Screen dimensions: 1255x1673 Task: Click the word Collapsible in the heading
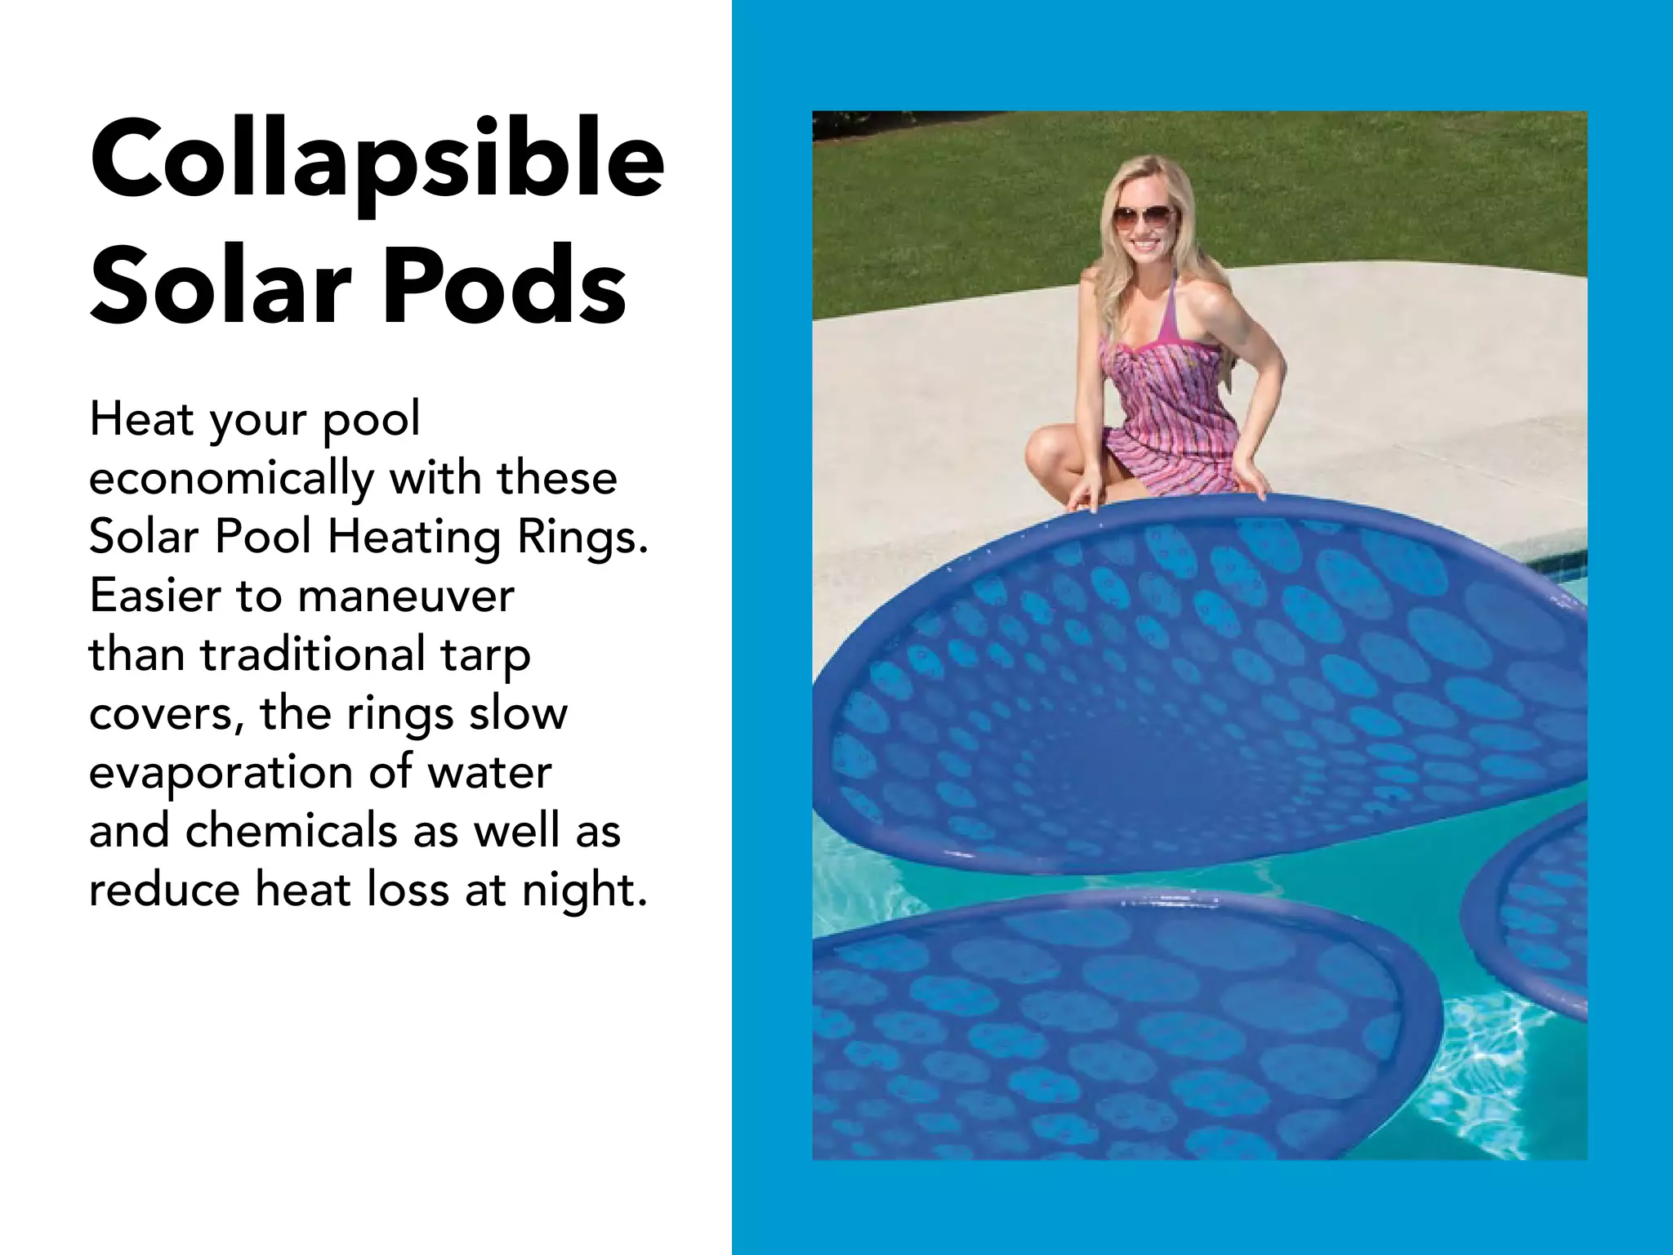[x=377, y=159]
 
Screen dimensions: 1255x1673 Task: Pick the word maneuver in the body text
[x=406, y=596]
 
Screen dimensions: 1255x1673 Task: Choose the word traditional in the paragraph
[x=313, y=654]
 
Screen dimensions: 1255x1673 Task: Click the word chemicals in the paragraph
[x=292, y=831]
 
